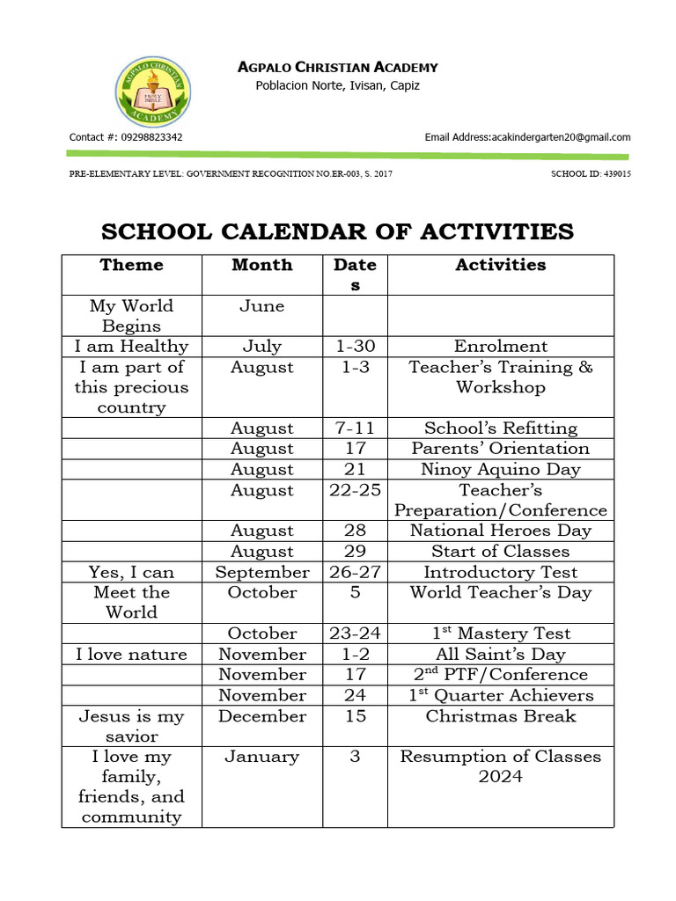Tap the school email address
(x=527, y=137)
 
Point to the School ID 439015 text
(x=591, y=174)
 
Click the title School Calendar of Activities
(x=337, y=231)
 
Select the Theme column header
(x=131, y=265)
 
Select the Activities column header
(x=500, y=265)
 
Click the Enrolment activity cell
(x=500, y=347)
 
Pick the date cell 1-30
(x=355, y=347)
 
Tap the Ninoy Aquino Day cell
(x=500, y=469)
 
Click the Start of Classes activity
(x=500, y=552)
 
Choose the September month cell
(x=262, y=572)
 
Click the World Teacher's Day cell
(x=500, y=592)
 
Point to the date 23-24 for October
(x=355, y=634)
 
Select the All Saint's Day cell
(x=500, y=655)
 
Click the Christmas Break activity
(x=500, y=716)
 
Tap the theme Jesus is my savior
(x=131, y=726)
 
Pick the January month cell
(x=262, y=757)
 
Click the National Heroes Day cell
(x=500, y=531)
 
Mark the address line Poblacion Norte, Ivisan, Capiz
(x=337, y=85)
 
